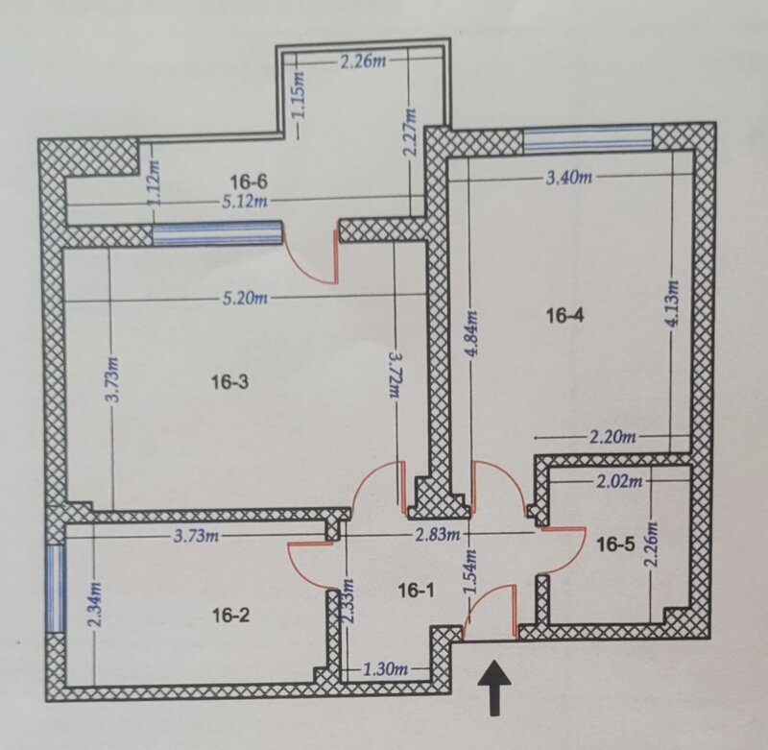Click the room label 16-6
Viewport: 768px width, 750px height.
click(249, 181)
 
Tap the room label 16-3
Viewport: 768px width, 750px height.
click(229, 381)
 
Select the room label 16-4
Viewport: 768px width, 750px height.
click(564, 316)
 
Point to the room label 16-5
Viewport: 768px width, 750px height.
click(615, 544)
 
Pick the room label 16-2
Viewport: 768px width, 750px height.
click(230, 615)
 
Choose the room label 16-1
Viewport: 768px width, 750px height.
click(416, 592)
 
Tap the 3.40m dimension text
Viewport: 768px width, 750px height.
click(568, 178)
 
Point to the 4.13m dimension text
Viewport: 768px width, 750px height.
click(673, 302)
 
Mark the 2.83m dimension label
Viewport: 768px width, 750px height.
click(439, 535)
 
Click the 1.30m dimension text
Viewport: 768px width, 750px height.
click(386, 669)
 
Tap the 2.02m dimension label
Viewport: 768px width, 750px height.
click(619, 481)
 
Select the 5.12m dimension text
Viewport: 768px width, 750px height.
click(245, 201)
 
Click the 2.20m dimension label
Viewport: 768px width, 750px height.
click(612, 437)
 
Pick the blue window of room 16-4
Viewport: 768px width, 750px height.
click(588, 137)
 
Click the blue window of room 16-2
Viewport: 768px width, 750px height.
click(56, 589)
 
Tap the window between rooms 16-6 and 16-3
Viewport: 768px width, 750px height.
click(218, 233)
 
